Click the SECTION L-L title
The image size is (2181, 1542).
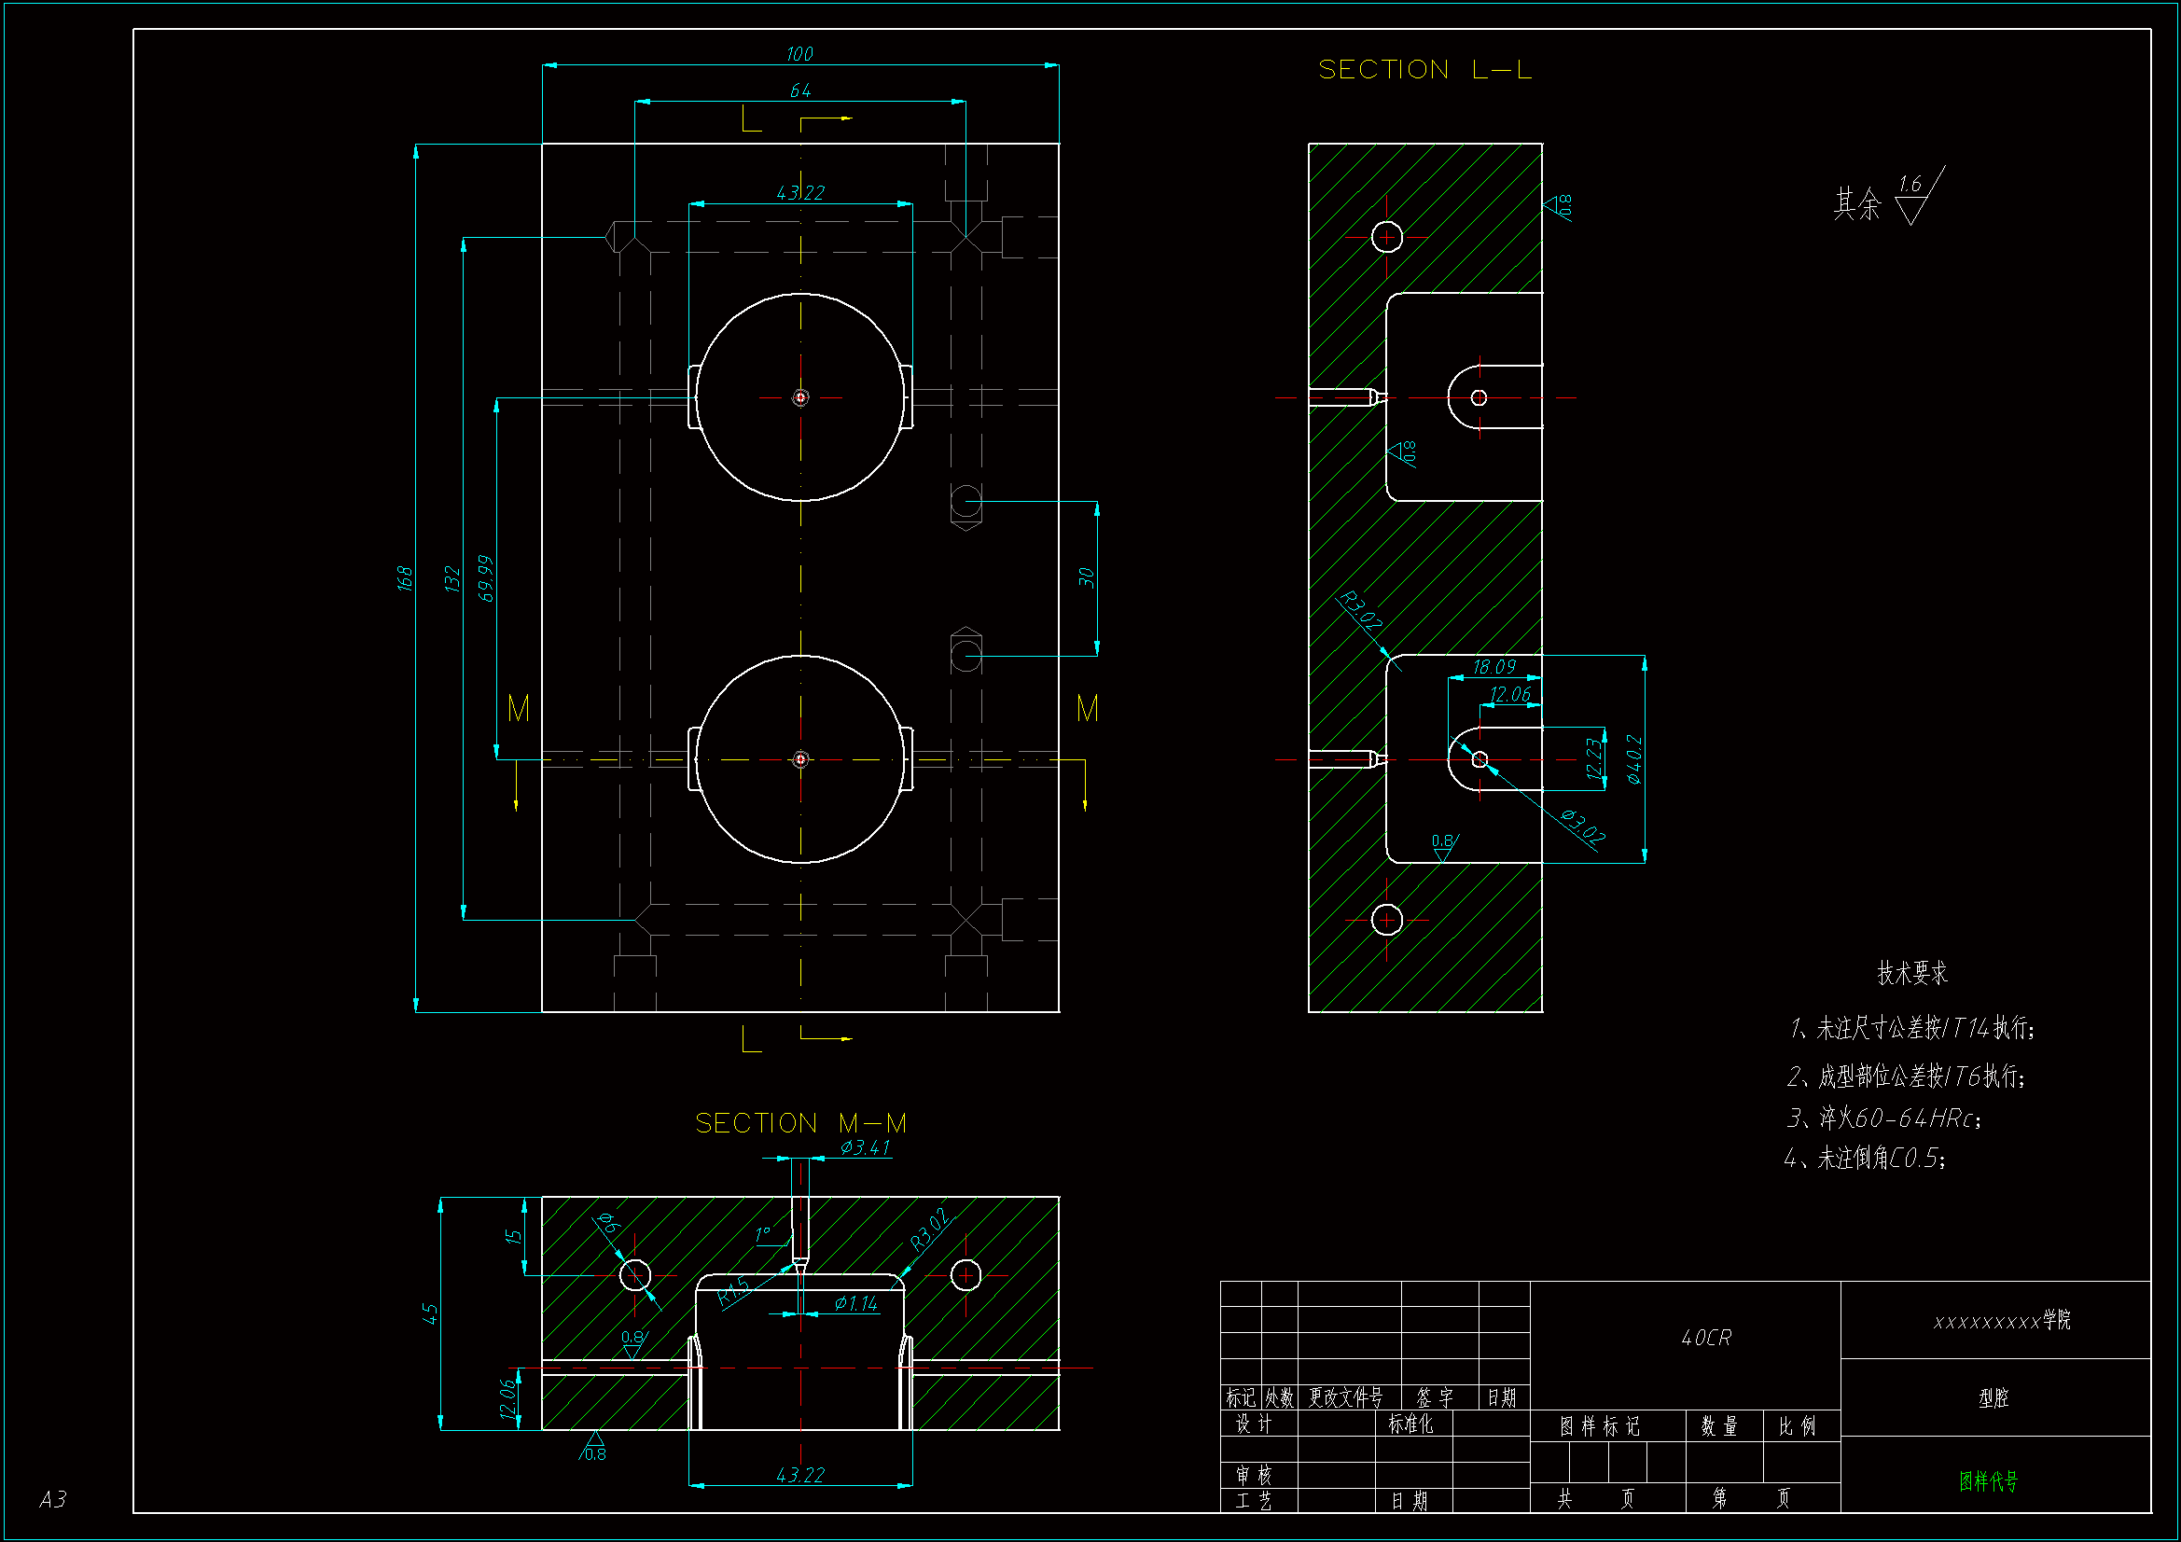[1424, 69]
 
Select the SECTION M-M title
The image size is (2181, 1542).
[800, 1123]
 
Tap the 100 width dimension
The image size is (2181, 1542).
[799, 54]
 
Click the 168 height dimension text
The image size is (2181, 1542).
[405, 577]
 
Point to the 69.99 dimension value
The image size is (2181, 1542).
[485, 577]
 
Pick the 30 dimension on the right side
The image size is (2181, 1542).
[1087, 577]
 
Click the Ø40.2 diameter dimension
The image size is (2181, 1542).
[1633, 759]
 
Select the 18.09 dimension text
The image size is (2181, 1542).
[1493, 667]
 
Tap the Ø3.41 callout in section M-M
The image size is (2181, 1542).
[865, 1147]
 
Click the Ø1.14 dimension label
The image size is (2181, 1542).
[855, 1303]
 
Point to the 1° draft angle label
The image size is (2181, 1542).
[762, 1233]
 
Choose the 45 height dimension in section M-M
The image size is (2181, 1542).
[430, 1313]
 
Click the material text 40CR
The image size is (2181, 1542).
[1706, 1338]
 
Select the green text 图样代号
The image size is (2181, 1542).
[1988, 1480]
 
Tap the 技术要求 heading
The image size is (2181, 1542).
[1912, 973]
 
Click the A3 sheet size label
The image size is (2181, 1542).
[53, 1499]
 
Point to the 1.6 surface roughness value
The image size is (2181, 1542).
[1910, 185]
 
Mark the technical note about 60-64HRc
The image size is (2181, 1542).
[1883, 1118]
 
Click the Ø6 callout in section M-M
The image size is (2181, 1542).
[609, 1224]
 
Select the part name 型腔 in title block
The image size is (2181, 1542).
[1993, 1397]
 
